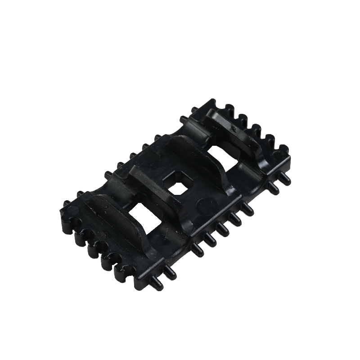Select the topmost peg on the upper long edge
click(194, 109)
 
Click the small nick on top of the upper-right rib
click(233, 129)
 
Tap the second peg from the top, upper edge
click(183, 120)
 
